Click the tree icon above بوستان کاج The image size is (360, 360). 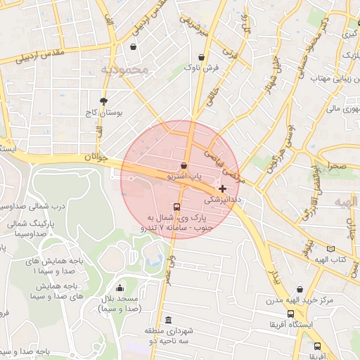coord(104,101)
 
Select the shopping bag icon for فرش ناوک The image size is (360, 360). coord(202,57)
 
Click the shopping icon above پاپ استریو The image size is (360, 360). coord(184,166)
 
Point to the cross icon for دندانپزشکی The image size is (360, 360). coord(223,188)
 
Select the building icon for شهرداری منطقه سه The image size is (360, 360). coord(167,319)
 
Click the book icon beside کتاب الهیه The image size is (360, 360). coord(330,248)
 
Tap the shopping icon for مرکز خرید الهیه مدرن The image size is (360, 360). coord(300,289)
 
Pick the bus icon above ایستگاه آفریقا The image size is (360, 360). coord(290,314)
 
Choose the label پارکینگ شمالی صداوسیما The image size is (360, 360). coord(25,228)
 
